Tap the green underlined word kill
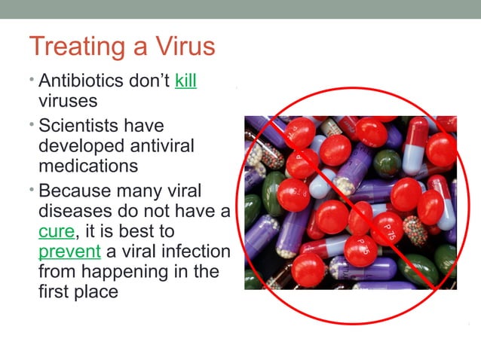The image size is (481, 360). coord(185,81)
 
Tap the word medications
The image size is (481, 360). coord(88,165)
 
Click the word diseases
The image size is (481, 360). coord(76,212)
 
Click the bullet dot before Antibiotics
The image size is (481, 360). coord(32,79)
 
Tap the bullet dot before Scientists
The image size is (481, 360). coord(32,124)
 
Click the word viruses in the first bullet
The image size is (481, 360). coord(69,100)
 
